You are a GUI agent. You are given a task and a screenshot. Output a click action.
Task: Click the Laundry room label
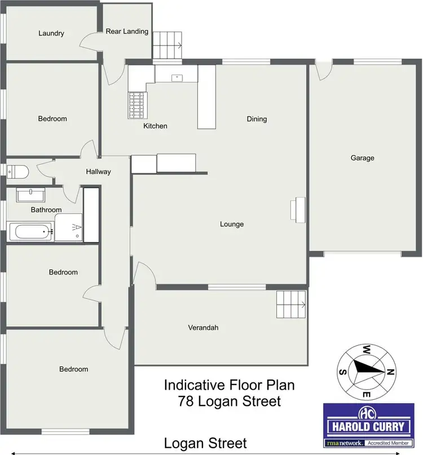click(x=51, y=33)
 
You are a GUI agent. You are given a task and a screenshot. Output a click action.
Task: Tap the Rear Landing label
click(x=127, y=32)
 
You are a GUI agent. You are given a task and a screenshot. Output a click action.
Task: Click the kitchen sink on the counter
click(x=176, y=75)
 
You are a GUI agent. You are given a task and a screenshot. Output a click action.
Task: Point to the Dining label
click(x=257, y=119)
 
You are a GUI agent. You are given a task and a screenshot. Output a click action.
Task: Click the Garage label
click(x=362, y=158)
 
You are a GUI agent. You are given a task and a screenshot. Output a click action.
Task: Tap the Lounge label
click(x=232, y=224)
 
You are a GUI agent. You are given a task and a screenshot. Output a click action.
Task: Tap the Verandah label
click(x=204, y=327)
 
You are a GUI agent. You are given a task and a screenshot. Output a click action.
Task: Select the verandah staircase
click(x=291, y=305)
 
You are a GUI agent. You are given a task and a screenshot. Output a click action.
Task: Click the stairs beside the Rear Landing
click(x=168, y=45)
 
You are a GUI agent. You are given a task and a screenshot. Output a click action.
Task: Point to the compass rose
click(x=365, y=370)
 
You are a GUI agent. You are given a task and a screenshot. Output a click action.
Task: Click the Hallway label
click(x=99, y=172)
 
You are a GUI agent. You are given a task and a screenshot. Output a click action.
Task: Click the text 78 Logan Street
click(x=229, y=402)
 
